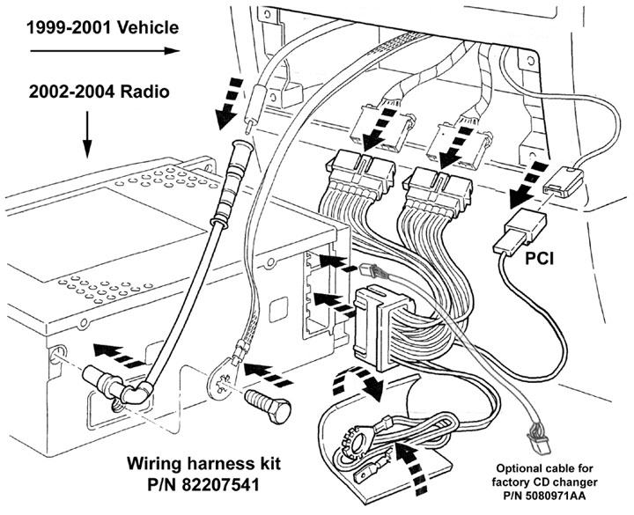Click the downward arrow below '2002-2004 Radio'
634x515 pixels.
point(87,134)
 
